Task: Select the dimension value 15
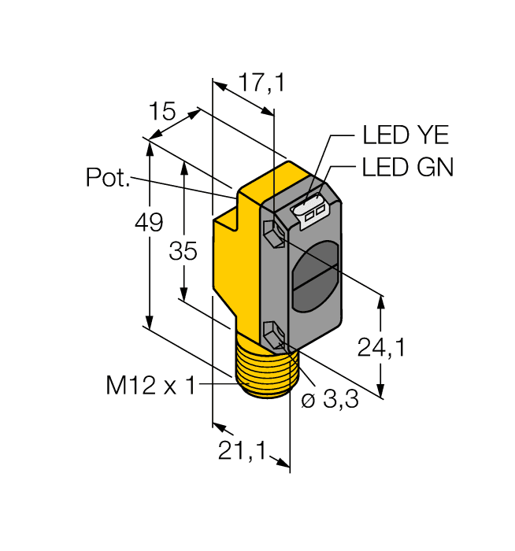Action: click(x=161, y=111)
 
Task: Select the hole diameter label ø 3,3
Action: click(x=330, y=400)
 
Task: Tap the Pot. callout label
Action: click(x=108, y=179)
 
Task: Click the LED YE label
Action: click(x=405, y=135)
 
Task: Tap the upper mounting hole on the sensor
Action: click(x=272, y=233)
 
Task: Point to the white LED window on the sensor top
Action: click(x=311, y=209)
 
